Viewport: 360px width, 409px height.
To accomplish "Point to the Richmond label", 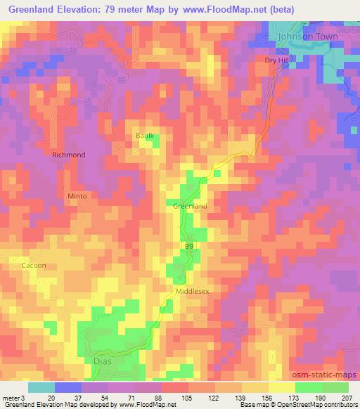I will click(69, 155).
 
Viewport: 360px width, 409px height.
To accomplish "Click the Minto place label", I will click(77, 196).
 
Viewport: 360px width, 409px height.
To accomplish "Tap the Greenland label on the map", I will click(190, 207).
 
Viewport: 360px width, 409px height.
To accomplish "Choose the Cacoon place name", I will click(34, 266).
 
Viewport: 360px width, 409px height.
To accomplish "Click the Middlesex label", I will click(193, 290).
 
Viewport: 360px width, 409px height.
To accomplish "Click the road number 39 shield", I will click(190, 247).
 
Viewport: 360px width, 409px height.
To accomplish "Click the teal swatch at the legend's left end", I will click(41, 387).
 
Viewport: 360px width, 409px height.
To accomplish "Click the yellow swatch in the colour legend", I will click(281, 387).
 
